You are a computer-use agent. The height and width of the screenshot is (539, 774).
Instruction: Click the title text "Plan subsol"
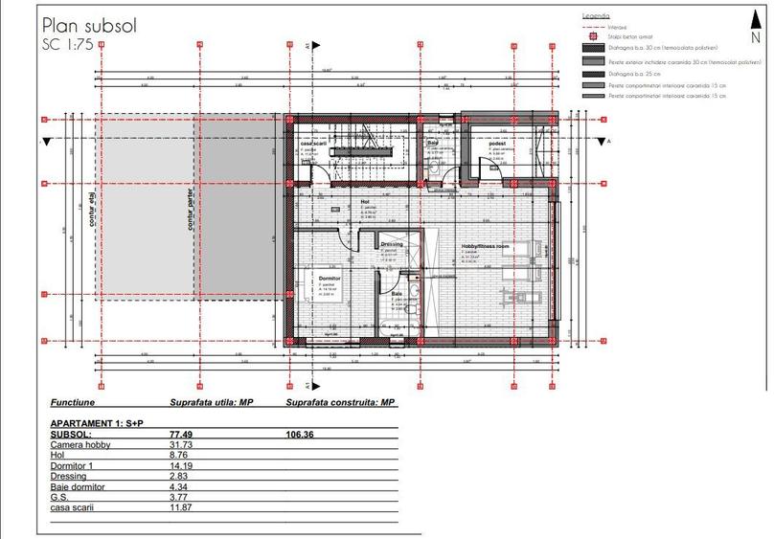89,26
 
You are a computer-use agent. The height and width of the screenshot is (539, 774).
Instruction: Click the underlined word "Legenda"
596,16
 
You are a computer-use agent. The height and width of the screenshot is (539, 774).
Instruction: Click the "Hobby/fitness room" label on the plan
486,245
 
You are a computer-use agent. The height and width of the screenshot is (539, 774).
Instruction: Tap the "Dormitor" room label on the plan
330,276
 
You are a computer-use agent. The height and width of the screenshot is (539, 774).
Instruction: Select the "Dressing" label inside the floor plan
391,244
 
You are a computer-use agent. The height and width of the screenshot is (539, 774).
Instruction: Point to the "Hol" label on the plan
365,202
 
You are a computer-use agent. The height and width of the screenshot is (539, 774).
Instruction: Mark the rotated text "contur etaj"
92,204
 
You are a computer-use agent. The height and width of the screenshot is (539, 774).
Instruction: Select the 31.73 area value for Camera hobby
182,445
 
